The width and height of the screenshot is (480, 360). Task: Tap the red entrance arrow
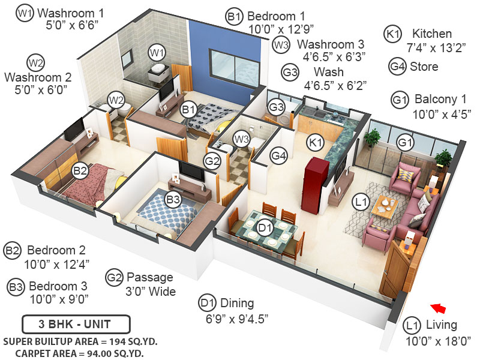pos(439,308)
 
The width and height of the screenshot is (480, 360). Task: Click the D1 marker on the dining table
pos(265,228)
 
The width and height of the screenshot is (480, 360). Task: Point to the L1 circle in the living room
pos(361,203)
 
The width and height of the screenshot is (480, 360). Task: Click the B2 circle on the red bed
pos(80,172)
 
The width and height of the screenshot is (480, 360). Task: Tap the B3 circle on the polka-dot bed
pos(173,200)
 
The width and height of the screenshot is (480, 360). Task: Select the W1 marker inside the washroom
pos(157,53)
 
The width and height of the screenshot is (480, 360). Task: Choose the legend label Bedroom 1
pos(276,16)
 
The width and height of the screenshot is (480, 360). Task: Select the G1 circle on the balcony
pos(406,143)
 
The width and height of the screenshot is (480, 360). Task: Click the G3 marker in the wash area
pos(275,107)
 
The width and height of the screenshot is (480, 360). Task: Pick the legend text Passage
pos(149,277)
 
